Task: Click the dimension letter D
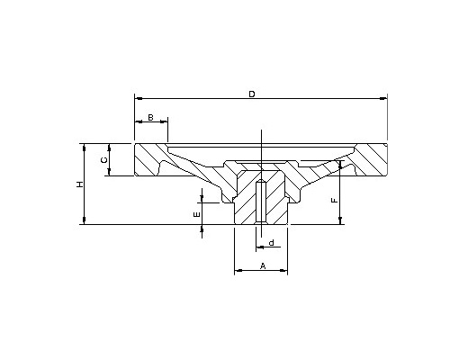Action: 252,94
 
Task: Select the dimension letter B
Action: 151,117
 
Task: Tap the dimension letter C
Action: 103,160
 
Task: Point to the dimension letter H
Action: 79,184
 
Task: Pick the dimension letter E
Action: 197,214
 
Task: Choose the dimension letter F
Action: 334,200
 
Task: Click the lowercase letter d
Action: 272,242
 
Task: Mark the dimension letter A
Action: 263,265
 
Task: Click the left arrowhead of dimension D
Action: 139,98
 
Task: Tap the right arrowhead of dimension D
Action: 383,98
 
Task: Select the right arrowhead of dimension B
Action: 164,121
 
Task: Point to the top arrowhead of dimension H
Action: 85,148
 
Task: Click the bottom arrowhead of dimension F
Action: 340,220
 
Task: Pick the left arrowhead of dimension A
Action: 238,270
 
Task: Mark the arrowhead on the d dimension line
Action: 260,247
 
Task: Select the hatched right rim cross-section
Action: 371,159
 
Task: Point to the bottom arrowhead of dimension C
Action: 109,172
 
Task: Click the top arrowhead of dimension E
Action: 202,199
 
